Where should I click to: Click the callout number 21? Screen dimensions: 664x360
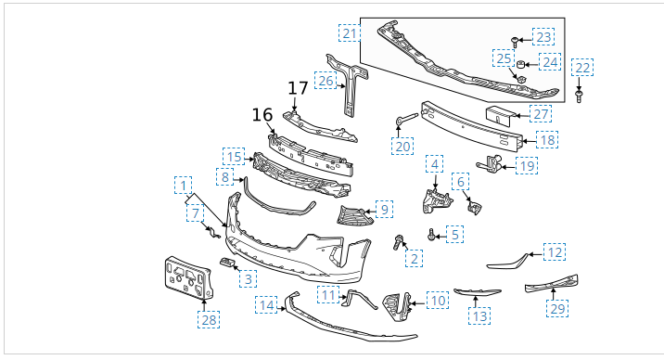point(350,33)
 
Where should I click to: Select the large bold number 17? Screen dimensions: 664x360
point(298,88)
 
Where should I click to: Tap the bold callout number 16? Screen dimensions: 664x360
point(262,115)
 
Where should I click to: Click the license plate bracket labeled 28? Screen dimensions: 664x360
point(188,277)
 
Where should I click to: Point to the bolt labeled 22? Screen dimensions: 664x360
point(579,96)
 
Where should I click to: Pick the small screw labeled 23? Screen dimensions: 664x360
point(515,42)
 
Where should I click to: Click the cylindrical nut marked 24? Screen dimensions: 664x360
point(521,64)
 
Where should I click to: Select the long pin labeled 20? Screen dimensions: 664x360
point(407,119)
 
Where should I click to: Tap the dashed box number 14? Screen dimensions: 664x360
point(266,305)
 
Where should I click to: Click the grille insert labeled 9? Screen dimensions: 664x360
point(355,215)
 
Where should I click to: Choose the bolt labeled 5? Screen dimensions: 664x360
point(431,234)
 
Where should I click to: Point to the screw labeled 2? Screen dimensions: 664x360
point(398,242)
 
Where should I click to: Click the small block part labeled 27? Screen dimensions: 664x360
point(500,115)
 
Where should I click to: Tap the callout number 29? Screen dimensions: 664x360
point(557,308)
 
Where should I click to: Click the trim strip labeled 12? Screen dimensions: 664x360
point(508,263)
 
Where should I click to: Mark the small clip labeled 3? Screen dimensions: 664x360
point(227,263)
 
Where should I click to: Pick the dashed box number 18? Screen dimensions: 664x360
point(547,140)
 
